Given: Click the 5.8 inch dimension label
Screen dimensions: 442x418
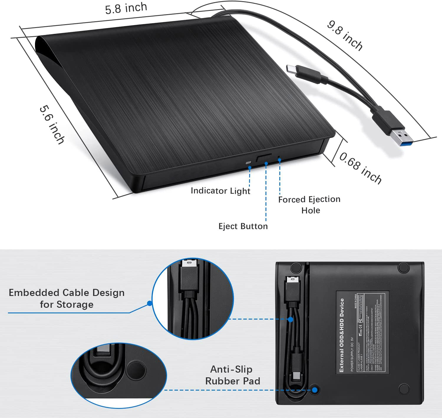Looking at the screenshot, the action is click(126, 8).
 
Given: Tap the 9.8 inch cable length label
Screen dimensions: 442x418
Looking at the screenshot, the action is click(344, 35).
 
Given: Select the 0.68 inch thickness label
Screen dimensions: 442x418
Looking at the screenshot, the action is click(360, 168).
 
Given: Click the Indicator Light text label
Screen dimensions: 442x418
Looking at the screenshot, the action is click(220, 191).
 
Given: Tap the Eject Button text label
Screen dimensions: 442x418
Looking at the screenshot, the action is click(243, 226).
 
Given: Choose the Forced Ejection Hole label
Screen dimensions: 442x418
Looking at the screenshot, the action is click(309, 205).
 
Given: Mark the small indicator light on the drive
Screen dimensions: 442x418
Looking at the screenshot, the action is click(248, 163).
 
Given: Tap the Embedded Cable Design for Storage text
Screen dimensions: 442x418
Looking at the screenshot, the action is click(67, 298).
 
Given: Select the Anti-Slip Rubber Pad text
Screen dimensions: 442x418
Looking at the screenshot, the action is click(232, 375).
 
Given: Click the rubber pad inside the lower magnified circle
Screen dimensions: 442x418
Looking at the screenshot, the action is click(136, 370).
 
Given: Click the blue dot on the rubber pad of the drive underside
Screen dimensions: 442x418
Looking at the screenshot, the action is click(315, 390).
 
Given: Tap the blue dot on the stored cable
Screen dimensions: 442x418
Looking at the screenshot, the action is click(291, 319).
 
